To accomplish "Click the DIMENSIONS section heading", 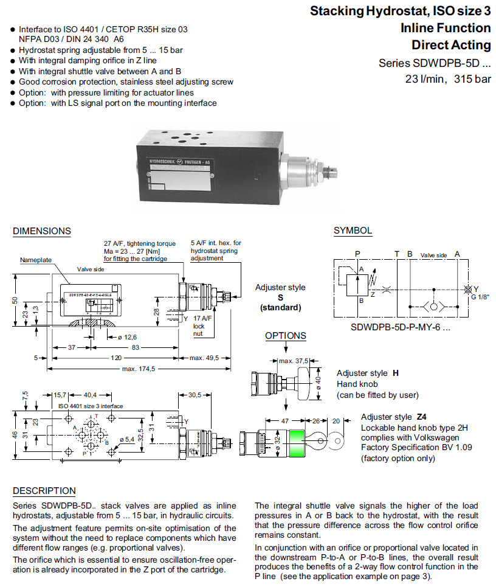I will click(42, 231).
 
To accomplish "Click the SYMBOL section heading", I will click(353, 231).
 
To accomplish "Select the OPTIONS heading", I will click(286, 336).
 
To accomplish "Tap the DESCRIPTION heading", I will click(44, 491).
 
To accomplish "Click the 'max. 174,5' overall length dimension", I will click(138, 369).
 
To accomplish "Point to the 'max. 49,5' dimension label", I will click(204, 358).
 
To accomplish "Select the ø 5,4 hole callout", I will click(128, 439).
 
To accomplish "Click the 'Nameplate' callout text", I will click(36, 260).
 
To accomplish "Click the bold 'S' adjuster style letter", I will click(280, 297).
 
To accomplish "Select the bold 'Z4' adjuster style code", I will click(422, 417).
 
